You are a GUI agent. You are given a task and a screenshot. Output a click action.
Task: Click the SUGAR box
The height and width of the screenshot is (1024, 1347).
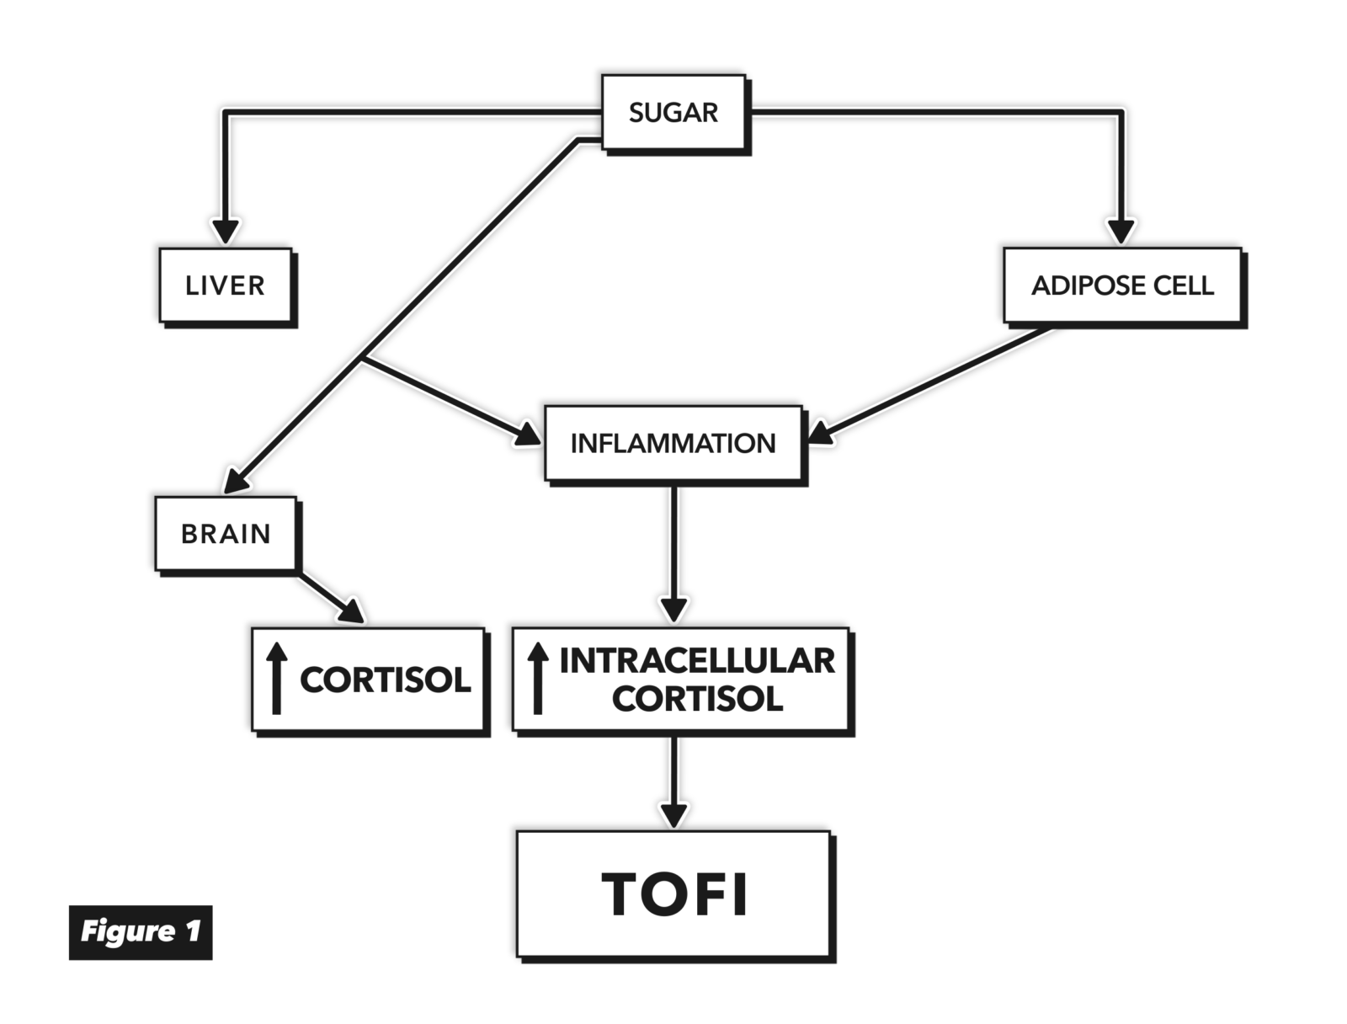673,113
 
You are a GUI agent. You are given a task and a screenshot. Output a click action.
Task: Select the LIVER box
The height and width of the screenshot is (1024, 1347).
225,285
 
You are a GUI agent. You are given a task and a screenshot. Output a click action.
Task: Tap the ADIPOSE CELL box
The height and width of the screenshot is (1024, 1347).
1122,285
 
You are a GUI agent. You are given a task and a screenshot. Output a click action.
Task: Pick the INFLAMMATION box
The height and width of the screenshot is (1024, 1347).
673,444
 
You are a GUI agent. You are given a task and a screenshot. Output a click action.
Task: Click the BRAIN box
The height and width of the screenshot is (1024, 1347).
226,534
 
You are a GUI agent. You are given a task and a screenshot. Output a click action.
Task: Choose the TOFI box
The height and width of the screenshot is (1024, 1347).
674,893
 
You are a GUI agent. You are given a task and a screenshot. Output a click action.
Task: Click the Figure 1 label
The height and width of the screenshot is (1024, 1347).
141,931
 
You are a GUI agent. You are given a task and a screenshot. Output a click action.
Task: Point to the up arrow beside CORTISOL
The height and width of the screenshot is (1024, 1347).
277,679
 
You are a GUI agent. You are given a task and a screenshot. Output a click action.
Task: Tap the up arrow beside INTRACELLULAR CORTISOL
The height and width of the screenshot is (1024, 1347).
538,679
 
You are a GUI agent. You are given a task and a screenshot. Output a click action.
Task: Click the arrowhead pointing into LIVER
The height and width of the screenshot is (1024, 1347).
225,231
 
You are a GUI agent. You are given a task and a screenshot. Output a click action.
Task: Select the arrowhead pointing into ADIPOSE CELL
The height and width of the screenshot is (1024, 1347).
1120,231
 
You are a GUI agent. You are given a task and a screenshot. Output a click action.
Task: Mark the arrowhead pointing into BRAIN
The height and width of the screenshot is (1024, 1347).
236,482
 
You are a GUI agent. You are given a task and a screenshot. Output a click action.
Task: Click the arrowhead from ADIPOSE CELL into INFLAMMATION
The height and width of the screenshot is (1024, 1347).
820,434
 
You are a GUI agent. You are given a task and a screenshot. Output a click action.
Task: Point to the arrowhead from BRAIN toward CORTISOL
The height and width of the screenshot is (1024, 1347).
353,611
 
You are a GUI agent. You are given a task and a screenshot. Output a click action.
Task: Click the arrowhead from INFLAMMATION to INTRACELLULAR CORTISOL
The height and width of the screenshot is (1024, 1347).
673,609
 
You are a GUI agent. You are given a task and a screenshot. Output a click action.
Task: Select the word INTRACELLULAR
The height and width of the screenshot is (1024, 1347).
697,661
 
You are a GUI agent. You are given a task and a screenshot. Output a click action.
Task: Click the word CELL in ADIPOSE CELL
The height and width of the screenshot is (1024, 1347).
1183,285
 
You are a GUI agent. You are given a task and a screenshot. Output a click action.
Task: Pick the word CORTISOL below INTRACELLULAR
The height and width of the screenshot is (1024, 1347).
697,699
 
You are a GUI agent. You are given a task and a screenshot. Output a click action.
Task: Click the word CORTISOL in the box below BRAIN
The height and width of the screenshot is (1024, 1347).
386,680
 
